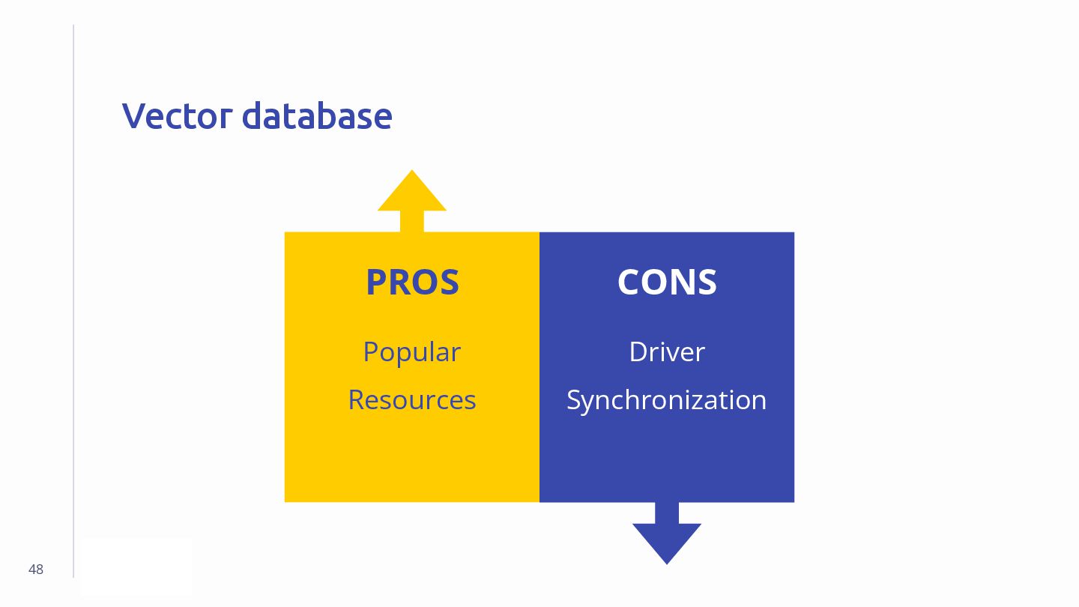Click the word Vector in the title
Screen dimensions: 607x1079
[x=177, y=116]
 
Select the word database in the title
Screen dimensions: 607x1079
[x=316, y=116]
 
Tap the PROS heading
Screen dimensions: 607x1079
[x=412, y=283]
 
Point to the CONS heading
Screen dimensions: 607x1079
[x=667, y=283]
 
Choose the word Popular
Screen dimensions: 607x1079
[x=411, y=352]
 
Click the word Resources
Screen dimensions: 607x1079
[x=411, y=400]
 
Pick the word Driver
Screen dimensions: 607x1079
[x=667, y=352]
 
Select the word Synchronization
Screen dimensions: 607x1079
[x=666, y=400]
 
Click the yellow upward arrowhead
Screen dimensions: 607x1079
[x=412, y=193]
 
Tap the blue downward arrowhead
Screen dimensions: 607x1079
[x=667, y=541]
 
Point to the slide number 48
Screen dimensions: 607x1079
[x=36, y=570]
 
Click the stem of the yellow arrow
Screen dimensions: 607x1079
[x=412, y=222]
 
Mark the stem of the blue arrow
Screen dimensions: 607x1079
[x=667, y=513]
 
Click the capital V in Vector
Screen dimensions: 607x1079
[x=133, y=116]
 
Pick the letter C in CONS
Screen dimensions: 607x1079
[x=629, y=283]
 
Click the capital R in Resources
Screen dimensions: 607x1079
[x=357, y=400]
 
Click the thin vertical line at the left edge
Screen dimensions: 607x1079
[x=73, y=300]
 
